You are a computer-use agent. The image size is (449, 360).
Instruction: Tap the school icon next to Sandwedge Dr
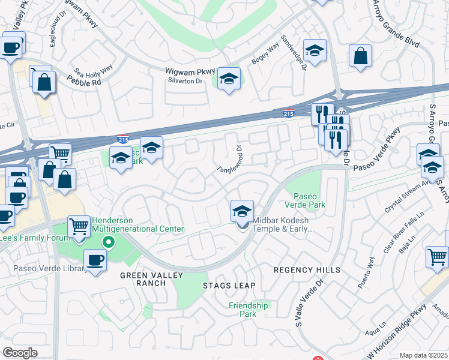point(315,52)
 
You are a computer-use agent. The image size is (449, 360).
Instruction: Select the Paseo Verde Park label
point(309,200)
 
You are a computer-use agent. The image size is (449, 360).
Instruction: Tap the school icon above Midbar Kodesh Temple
point(241,211)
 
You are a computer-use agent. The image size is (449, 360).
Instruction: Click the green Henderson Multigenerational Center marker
point(108,243)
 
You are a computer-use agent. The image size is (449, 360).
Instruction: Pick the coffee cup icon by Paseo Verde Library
point(95,260)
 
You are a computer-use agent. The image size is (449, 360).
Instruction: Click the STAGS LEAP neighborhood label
point(229,285)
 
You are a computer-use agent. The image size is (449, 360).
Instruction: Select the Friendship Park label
point(249,310)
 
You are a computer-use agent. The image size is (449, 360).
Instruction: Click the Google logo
point(20,353)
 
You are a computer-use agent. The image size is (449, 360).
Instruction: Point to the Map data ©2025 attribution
point(423,355)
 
